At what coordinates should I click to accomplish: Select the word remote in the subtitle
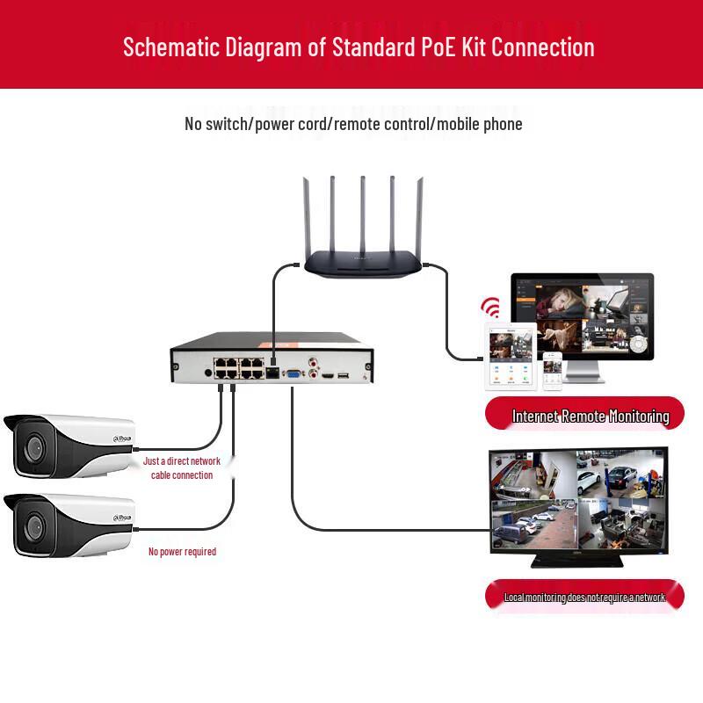[360, 124]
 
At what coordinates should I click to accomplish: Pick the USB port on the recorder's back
[342, 375]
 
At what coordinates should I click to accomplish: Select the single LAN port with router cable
[272, 373]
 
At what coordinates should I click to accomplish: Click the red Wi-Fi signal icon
[490, 309]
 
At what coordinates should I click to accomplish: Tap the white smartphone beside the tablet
[552, 371]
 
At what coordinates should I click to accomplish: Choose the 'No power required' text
[182, 552]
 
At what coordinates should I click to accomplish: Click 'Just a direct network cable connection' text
[182, 467]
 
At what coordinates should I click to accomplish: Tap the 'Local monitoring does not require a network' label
[584, 598]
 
